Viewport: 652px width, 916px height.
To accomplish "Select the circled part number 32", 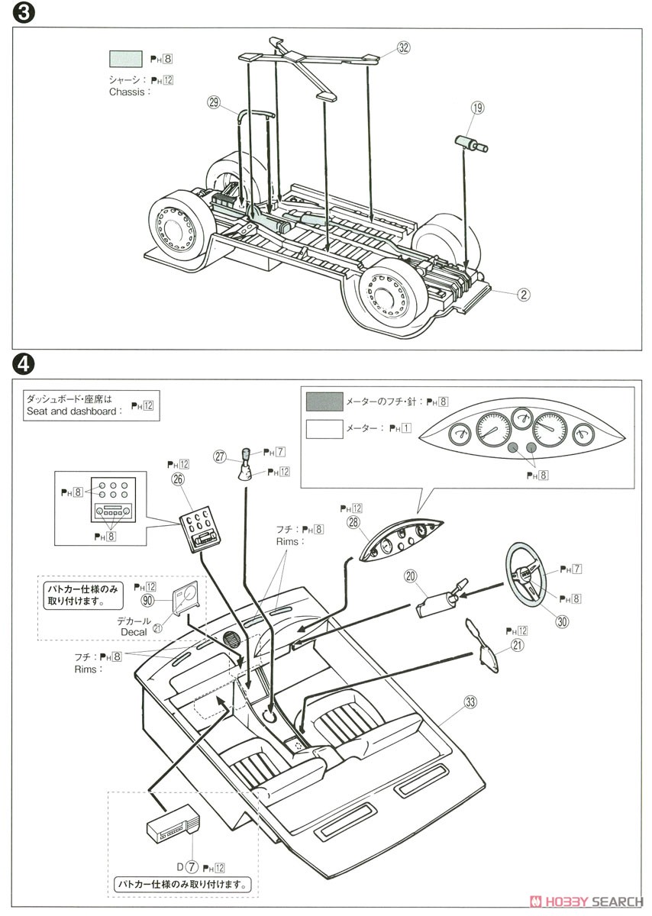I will coord(403,47).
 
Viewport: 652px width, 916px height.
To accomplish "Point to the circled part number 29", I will coord(213,102).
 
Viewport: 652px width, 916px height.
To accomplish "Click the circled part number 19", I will coord(477,108).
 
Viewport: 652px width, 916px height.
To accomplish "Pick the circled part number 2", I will coord(524,293).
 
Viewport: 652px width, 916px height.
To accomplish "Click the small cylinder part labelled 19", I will coord(471,143).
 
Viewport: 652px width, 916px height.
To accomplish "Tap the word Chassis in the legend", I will coord(129,92).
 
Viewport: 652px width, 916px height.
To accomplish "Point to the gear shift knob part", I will coord(248,464).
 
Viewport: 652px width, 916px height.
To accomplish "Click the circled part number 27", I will coord(220,457).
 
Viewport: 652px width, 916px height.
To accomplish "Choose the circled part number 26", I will coord(178,479).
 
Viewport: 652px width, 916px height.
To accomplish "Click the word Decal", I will coord(134,632).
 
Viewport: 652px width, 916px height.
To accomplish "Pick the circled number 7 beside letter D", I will coord(192,867).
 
